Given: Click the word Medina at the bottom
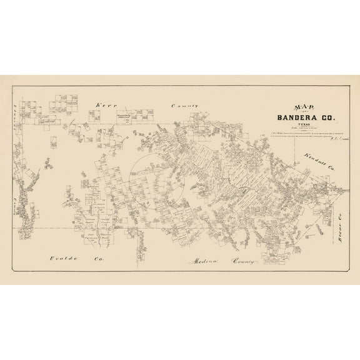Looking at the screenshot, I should (x=202, y=257).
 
